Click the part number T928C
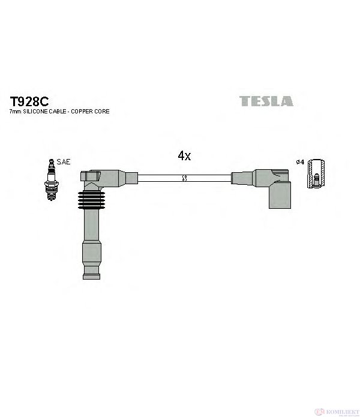pos(29,101)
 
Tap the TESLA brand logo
pos(266,101)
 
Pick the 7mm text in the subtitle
pos(16,112)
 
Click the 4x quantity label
pos(184,155)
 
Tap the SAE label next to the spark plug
pos(64,161)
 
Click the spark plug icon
pos(52,180)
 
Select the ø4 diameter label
pos(300,161)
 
